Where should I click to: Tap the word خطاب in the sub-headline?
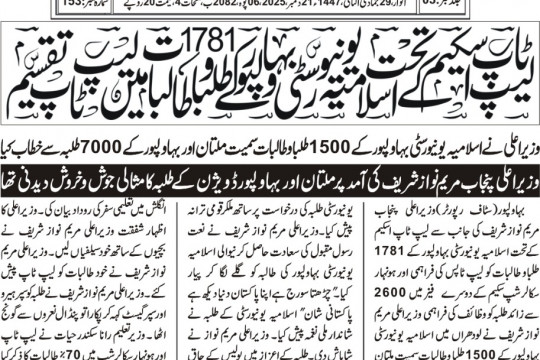(41, 117)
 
